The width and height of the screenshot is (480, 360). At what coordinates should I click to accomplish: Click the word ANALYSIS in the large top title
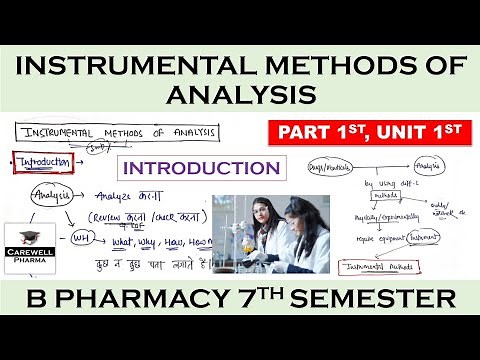pos(240,96)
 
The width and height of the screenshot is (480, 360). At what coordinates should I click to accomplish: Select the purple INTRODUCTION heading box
pos(198,167)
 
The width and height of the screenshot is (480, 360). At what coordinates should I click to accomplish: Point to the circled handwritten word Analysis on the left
pos(50,196)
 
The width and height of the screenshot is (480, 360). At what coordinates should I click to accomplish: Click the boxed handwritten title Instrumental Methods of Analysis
pos(98,131)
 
